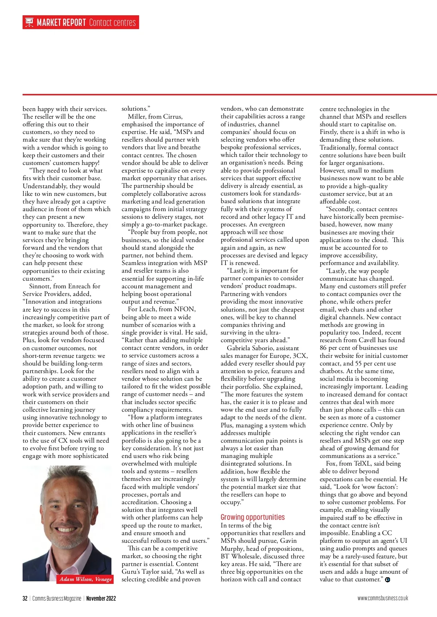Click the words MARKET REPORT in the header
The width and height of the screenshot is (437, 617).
point(61,23)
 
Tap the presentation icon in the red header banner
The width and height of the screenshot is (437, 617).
point(29,23)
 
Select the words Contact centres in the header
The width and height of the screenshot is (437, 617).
point(112,23)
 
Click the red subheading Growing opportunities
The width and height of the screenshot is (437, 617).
point(252,517)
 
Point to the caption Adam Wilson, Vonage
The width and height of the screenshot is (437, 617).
point(86,579)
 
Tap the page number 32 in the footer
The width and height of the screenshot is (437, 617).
point(25,598)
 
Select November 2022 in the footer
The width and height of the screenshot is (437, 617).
point(101,598)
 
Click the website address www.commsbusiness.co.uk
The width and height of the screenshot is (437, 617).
point(382,598)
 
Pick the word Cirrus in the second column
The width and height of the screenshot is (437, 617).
point(173,116)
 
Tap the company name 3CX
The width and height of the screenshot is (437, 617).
point(300,356)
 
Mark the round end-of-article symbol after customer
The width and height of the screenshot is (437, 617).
point(387,580)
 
